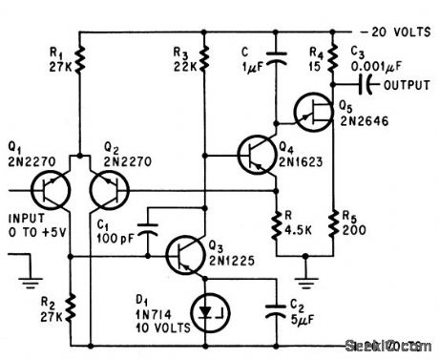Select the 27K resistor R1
[81, 63]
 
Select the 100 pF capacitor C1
[149, 228]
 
